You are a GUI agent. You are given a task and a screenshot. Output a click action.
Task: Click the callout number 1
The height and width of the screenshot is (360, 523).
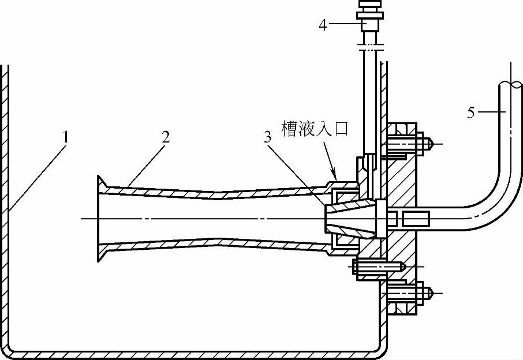[x=67, y=138]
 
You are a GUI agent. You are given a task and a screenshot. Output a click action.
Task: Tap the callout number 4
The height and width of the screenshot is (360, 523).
[x=324, y=25]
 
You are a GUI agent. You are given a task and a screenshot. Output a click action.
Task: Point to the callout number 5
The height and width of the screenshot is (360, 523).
[x=471, y=113]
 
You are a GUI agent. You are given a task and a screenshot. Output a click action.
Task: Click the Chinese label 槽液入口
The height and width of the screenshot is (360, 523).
[x=315, y=129]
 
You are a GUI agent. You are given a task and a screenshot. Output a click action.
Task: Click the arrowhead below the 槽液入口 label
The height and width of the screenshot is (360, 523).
[x=334, y=172]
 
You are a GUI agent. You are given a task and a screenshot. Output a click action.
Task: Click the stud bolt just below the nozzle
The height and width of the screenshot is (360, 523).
[x=378, y=267]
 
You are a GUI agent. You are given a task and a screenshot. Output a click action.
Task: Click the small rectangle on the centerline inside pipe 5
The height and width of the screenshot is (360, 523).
[x=416, y=219]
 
